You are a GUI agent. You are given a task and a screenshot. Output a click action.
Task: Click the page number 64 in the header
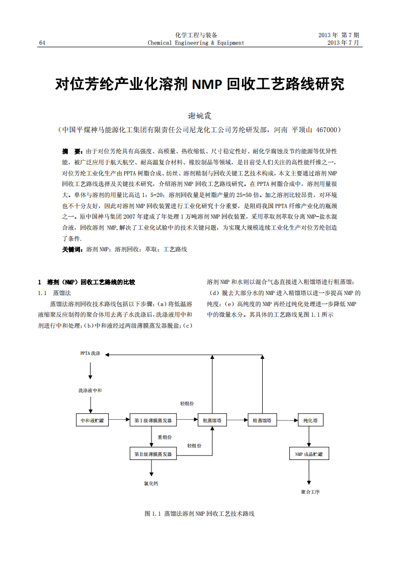42,43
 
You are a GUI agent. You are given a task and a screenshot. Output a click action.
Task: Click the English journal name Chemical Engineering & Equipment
196,43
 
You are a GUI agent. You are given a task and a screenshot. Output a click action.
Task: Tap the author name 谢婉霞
199,116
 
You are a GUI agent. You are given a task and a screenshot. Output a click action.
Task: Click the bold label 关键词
72,249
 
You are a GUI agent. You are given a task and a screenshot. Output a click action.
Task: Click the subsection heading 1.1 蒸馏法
55,293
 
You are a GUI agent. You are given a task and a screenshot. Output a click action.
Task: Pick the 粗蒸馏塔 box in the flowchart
212,420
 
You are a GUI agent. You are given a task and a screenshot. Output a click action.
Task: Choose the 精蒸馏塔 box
262,420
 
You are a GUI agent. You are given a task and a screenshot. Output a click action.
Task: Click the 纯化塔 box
310,420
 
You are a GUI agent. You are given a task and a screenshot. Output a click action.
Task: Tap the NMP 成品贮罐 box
309,454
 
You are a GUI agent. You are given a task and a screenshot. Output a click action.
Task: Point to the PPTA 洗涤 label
91,354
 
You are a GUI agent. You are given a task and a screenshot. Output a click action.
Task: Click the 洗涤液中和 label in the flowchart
90,391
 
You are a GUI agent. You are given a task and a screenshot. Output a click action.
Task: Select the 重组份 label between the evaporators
165,437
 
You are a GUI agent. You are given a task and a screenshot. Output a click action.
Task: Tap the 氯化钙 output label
151,484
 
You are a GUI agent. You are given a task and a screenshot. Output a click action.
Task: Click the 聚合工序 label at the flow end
310,492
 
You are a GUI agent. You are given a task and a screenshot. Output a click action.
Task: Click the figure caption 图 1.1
199,514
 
